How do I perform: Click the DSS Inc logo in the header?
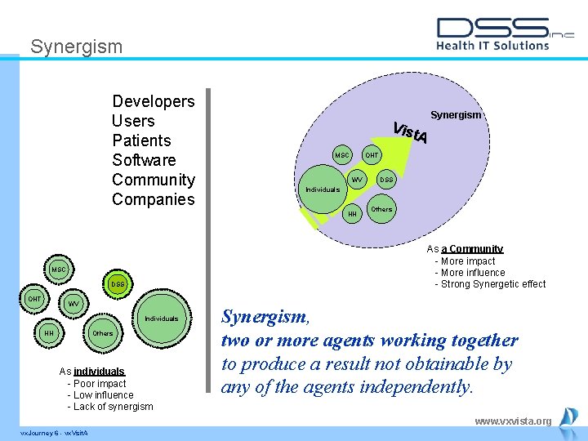(505, 33)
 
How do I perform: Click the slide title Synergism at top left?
(76, 47)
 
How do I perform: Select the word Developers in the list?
(153, 101)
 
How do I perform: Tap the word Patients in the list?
(141, 140)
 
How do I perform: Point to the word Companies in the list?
(153, 199)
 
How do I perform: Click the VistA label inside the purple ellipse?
(410, 132)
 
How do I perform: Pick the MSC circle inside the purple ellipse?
(341, 155)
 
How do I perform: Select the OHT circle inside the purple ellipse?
(372, 155)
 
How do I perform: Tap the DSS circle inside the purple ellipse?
(386, 180)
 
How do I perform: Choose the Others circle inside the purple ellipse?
(381, 209)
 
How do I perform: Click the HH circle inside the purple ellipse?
(353, 214)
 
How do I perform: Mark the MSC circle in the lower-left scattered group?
(59, 269)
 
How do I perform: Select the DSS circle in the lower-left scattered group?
(118, 284)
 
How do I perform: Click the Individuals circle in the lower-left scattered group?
(161, 318)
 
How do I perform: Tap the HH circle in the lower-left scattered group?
(49, 333)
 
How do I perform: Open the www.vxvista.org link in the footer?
(513, 421)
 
